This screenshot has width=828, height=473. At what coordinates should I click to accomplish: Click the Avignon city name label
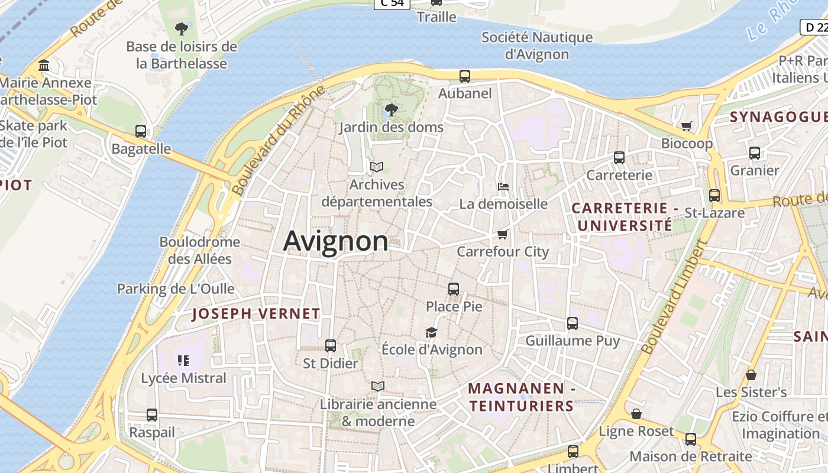point(336,241)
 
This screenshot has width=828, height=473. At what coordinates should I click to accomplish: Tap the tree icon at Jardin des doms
point(391,109)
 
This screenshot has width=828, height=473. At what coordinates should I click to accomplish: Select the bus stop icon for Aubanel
point(465,76)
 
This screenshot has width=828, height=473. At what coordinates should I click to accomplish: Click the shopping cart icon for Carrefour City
point(503,234)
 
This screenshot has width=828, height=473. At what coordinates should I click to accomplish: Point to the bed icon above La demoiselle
point(503,187)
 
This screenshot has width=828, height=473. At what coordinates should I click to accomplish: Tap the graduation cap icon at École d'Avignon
point(432,333)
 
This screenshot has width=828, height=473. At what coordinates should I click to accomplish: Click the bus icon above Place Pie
point(454,289)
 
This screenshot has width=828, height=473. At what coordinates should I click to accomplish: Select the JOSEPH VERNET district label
point(256,314)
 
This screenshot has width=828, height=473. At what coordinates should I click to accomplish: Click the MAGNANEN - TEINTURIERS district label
point(521,397)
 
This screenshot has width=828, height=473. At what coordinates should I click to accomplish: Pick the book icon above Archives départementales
point(377,167)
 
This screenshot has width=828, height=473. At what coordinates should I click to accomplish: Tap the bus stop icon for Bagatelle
point(141,131)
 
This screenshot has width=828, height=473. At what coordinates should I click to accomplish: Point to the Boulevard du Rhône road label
point(279,141)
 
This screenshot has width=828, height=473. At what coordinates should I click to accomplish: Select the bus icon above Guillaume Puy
point(573,323)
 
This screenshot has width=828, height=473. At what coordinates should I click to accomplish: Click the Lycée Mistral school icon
point(183,360)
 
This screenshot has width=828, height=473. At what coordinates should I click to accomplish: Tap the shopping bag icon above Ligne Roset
point(636,414)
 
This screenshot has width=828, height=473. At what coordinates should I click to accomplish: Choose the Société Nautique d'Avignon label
point(537,46)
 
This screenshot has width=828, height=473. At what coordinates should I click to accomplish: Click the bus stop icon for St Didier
point(331,346)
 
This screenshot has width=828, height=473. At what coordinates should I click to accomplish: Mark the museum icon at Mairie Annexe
point(44,65)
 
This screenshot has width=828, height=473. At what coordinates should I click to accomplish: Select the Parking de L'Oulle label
point(176,289)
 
